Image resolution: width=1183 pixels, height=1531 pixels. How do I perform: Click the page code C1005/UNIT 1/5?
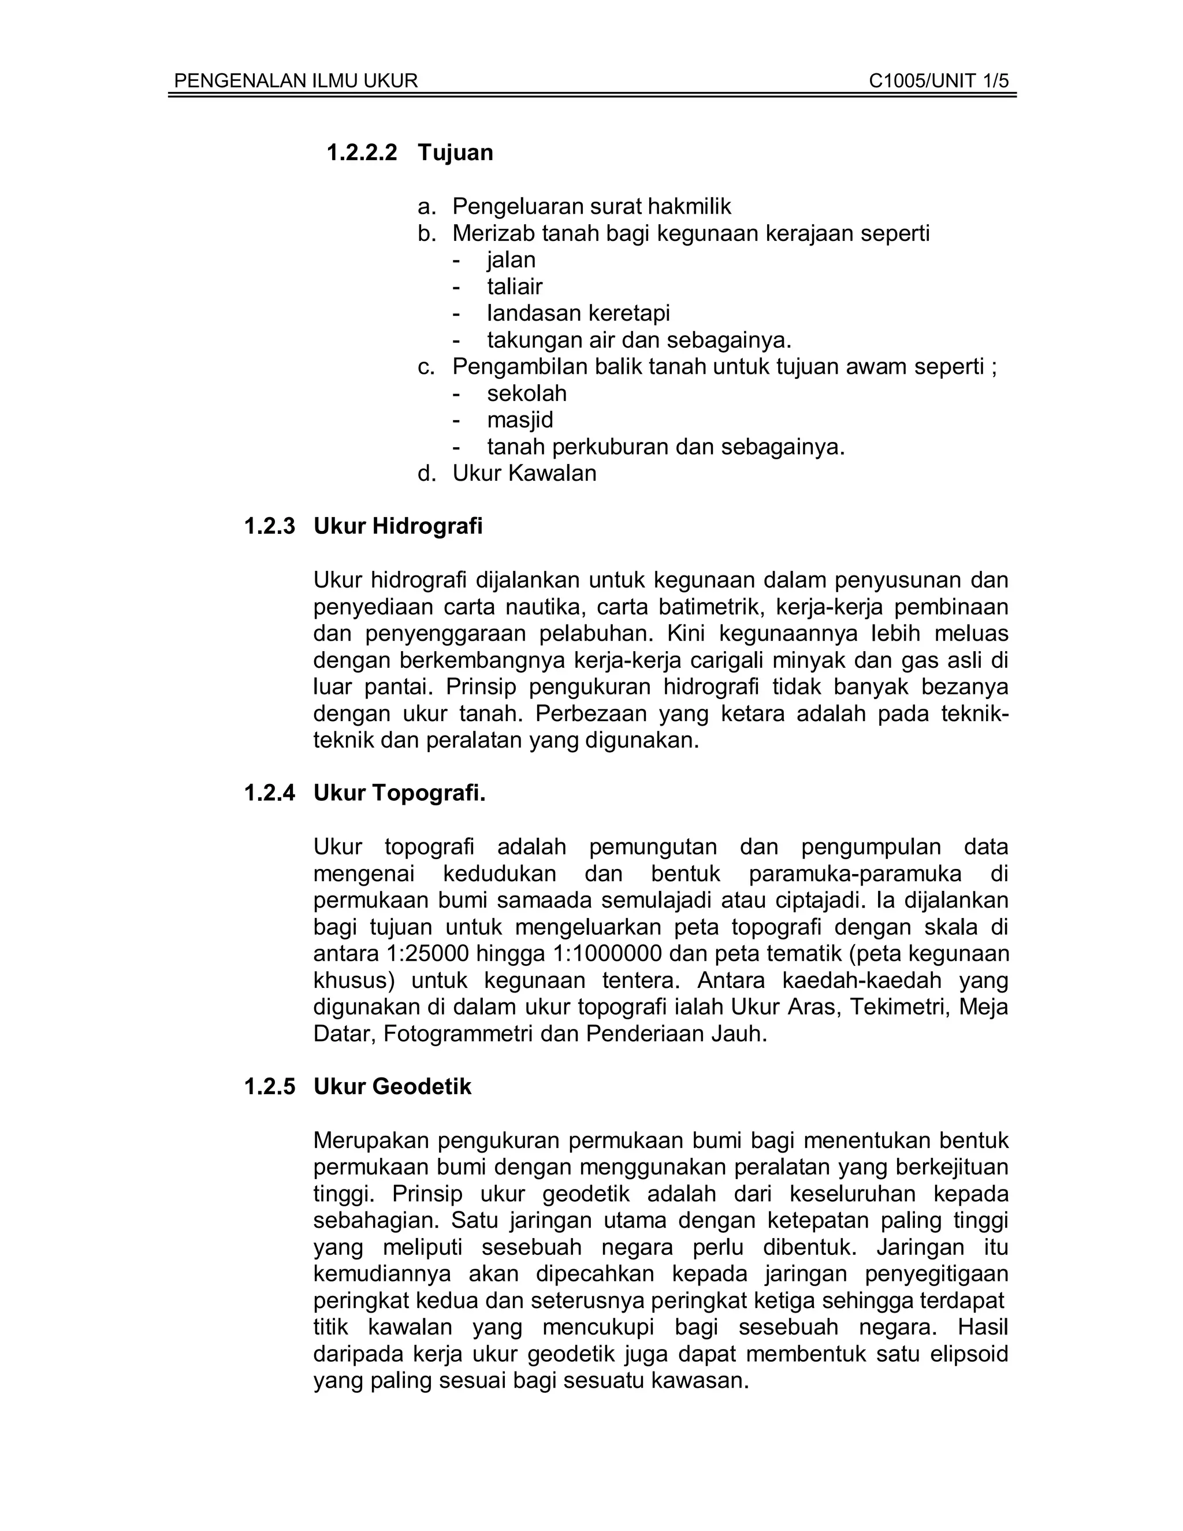tap(939, 81)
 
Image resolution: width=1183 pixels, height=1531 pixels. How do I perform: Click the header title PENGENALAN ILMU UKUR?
tap(296, 81)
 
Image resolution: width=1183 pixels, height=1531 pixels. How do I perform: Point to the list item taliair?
tap(515, 286)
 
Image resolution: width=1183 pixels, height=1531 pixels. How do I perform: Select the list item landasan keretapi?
tap(578, 313)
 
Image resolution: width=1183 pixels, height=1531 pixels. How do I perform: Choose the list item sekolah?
tap(527, 393)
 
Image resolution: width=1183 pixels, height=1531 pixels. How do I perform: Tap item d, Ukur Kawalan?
tap(524, 473)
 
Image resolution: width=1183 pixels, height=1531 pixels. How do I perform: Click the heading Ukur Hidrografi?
tap(398, 526)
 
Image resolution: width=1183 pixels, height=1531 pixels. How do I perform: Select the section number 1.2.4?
tap(270, 794)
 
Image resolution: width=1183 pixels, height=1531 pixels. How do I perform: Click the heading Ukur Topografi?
tap(400, 794)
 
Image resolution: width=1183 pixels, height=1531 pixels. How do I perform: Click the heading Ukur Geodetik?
tap(392, 1087)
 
